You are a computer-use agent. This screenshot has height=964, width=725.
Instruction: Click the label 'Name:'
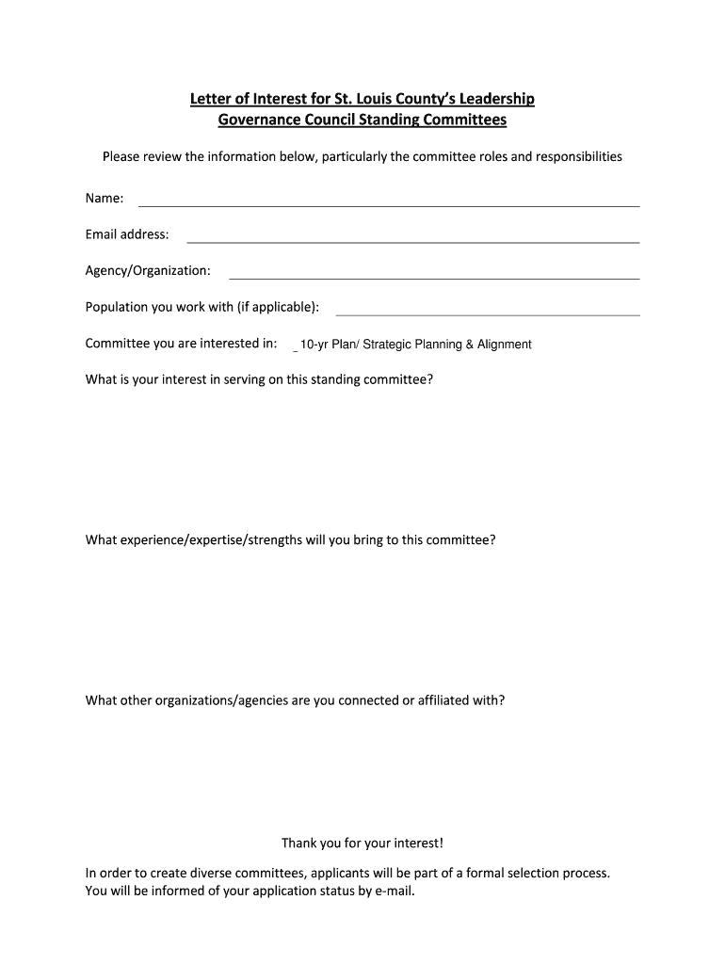click(x=105, y=199)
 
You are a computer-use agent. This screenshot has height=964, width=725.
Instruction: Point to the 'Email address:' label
click(x=127, y=234)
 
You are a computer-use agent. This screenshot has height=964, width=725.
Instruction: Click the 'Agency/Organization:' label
click(x=148, y=271)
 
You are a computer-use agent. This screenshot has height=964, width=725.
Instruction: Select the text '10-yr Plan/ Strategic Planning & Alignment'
click(x=415, y=345)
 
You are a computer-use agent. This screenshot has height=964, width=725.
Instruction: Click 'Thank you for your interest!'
click(x=362, y=843)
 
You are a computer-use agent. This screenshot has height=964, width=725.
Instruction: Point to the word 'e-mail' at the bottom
click(x=393, y=891)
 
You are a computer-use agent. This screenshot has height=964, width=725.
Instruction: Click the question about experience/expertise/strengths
click(x=290, y=540)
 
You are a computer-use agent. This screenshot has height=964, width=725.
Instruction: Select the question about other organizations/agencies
click(x=295, y=700)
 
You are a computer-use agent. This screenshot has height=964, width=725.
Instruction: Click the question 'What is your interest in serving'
click(x=259, y=380)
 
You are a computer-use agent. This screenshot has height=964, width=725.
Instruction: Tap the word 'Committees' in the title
click(x=462, y=120)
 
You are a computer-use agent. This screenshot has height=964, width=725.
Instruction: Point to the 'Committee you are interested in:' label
click(x=181, y=344)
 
